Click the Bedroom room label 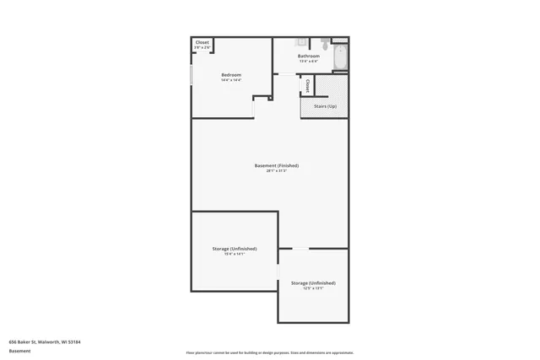(x=231, y=75)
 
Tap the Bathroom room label (x=308, y=56)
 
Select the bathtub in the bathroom (x=339, y=57)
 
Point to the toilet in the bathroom (x=325, y=45)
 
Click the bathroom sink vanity (x=300, y=42)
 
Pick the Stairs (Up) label (x=325, y=106)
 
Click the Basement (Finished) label (x=276, y=165)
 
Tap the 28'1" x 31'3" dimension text (x=276, y=171)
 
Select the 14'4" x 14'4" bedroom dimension (x=231, y=81)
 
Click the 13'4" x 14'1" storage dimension (x=234, y=255)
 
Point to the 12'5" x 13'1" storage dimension (x=312, y=288)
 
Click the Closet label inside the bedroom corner (x=202, y=42)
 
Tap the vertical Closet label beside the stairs (x=307, y=85)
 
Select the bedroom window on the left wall (x=192, y=74)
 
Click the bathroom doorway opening (x=288, y=75)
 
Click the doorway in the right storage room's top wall (x=300, y=248)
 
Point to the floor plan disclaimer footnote (x=269, y=352)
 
